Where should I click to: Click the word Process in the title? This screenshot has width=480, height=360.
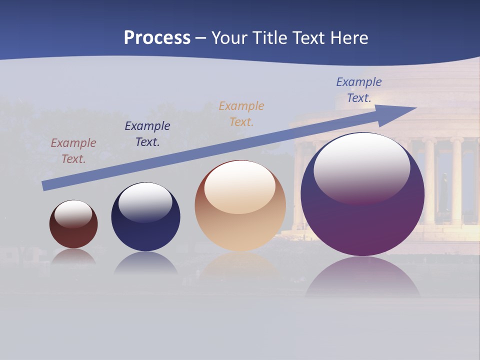157,38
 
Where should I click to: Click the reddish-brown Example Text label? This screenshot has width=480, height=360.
73,151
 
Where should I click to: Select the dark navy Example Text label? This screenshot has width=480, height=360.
147,134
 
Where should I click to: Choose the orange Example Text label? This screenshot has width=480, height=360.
241,114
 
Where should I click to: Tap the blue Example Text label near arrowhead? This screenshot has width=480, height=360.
359,90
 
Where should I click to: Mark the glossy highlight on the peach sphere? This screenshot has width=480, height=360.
240,185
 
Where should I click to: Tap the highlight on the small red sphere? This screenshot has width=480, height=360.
73,213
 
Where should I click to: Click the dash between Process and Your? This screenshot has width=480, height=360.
201,39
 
